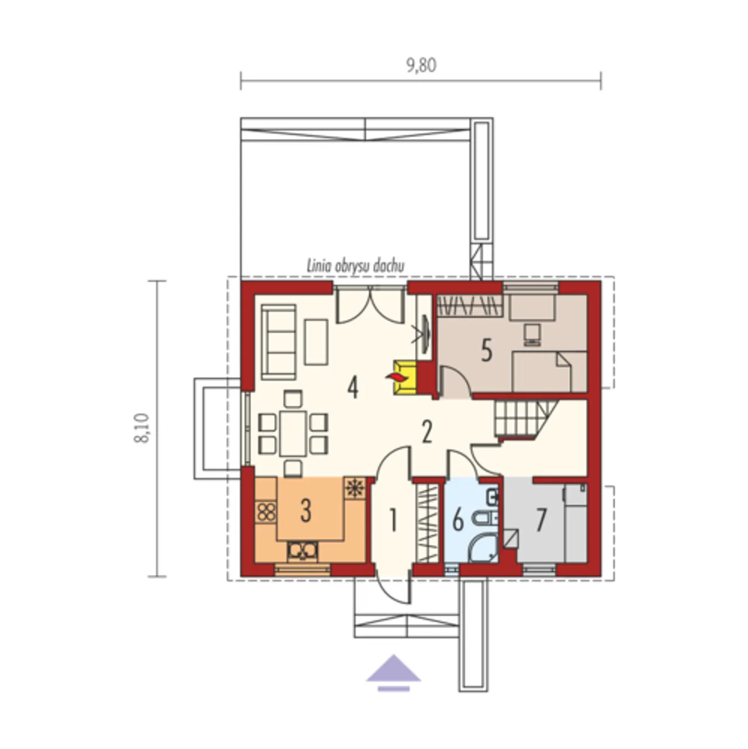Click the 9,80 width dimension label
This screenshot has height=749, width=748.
pyautogui.click(x=421, y=65)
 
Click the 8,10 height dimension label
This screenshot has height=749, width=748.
pyautogui.click(x=141, y=428)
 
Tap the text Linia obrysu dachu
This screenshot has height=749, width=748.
pyautogui.click(x=355, y=266)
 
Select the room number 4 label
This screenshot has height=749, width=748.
pyautogui.click(x=352, y=388)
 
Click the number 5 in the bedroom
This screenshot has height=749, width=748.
pyautogui.click(x=486, y=350)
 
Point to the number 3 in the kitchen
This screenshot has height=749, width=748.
pyautogui.click(x=306, y=510)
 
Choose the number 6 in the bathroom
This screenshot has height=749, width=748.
pyautogui.click(x=458, y=520)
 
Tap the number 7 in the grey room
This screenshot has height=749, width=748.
pyautogui.click(x=541, y=520)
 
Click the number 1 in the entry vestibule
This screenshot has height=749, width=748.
pyautogui.click(x=393, y=520)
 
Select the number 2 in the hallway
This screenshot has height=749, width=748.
pyautogui.click(x=427, y=432)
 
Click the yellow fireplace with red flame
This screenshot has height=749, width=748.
pyautogui.click(x=404, y=377)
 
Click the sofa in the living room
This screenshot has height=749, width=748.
pyautogui.click(x=279, y=342)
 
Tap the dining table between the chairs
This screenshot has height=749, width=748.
pyautogui.click(x=293, y=433)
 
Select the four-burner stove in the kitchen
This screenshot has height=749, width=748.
pyautogui.click(x=266, y=512)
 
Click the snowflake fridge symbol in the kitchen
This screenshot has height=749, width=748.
pyautogui.click(x=355, y=487)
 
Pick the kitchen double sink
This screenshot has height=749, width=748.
pyautogui.click(x=302, y=551)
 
